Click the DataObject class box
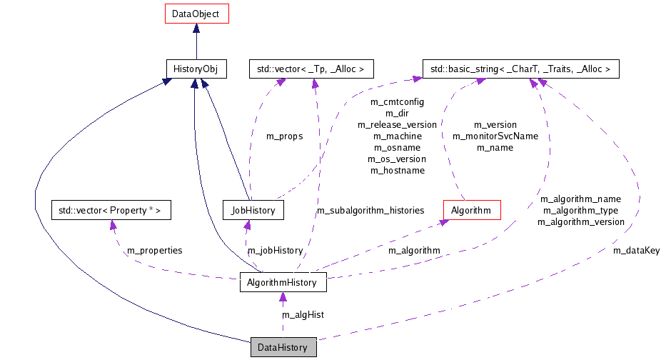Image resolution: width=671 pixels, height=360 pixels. pos(196,14)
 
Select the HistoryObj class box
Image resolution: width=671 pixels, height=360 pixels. pos(196,69)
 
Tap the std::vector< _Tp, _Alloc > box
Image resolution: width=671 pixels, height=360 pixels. pos(311,69)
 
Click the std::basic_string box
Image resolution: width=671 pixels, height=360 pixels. pos(520,69)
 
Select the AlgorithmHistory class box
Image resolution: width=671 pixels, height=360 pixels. pos(283,283)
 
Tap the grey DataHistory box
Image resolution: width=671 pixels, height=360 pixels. pos(283,348)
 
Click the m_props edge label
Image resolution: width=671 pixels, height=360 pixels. pos(284,136)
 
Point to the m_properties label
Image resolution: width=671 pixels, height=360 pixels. pos(154,250)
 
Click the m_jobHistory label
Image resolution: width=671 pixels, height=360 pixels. pos(275,250)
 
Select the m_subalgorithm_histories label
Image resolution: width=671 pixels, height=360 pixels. pos(370,210)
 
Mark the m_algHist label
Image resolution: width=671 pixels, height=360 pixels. pos(303,314)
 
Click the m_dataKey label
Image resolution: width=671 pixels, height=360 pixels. pos(637,250)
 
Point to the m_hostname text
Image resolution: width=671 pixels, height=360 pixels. pos(397,170)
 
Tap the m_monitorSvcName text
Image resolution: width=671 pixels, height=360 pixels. pos(495,136)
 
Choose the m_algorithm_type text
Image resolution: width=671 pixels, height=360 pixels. pos(580,210)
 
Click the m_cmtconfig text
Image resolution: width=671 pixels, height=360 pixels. pos(397,101)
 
